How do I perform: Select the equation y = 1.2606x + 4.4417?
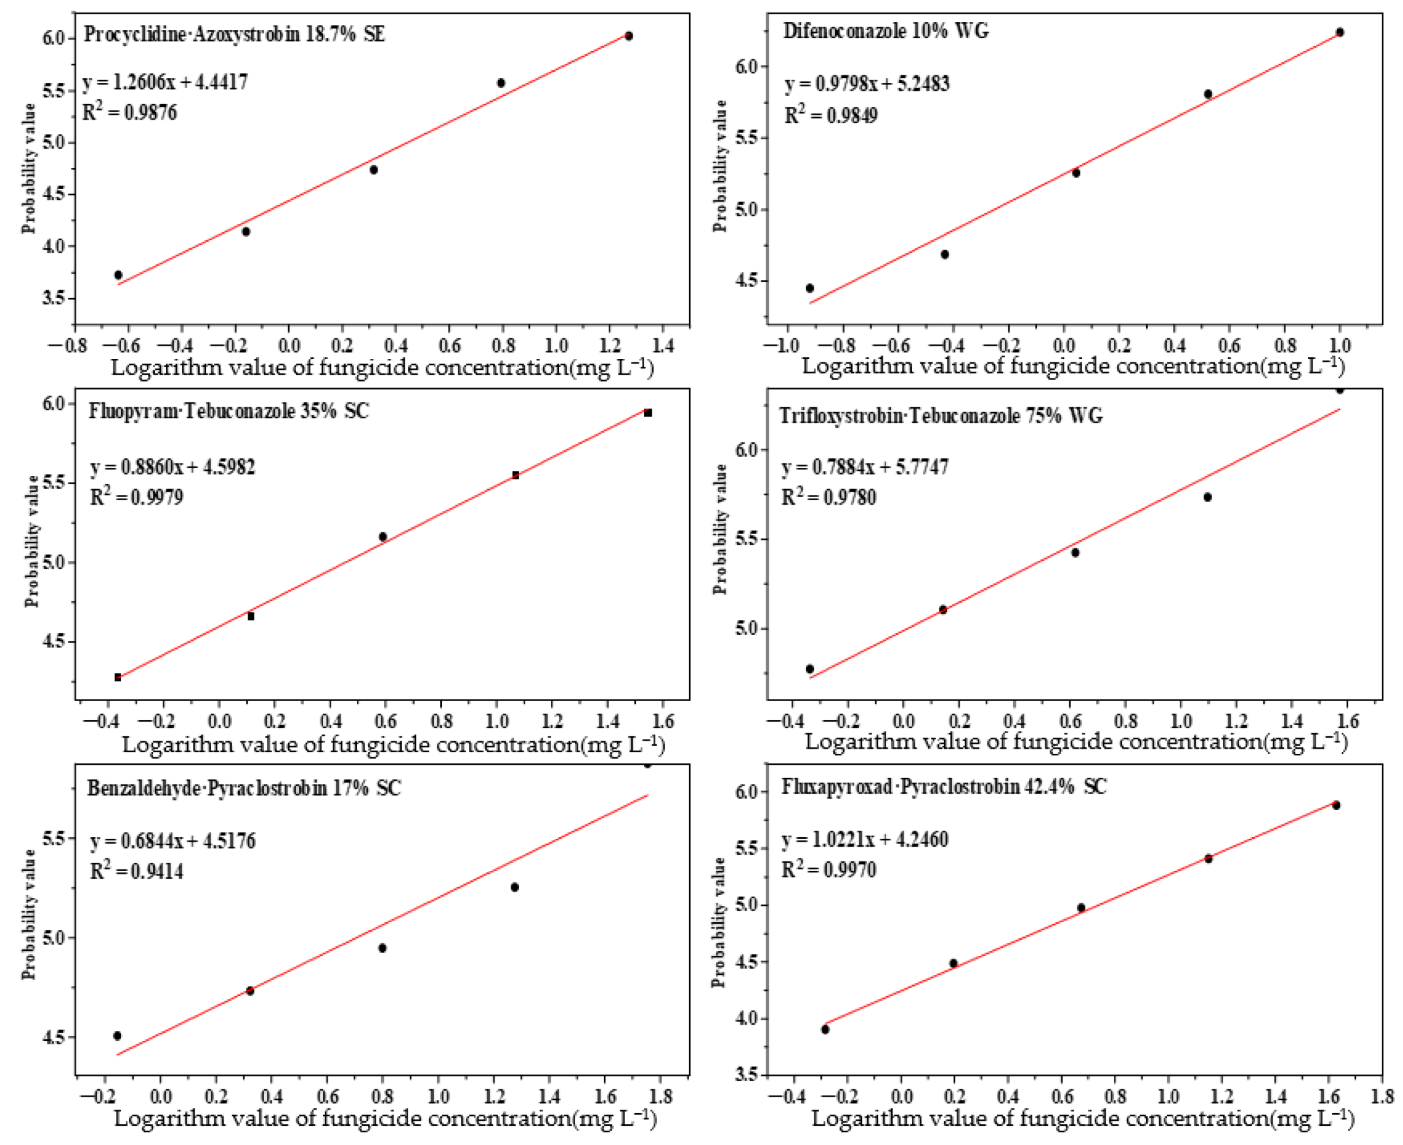(x=165, y=82)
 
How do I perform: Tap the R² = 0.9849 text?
(x=830, y=116)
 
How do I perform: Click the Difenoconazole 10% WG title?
(x=885, y=31)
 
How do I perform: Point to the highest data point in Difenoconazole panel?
(x=1339, y=32)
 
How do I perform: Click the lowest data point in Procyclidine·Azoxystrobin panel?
(x=118, y=275)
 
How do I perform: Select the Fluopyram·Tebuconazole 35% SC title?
(x=229, y=411)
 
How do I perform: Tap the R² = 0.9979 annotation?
(x=137, y=496)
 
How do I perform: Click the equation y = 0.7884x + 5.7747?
(x=865, y=467)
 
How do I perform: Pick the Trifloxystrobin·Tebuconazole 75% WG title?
(x=940, y=416)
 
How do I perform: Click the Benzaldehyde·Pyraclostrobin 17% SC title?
(x=243, y=788)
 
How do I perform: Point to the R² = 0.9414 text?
(x=137, y=871)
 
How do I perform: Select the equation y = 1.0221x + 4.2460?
(x=865, y=840)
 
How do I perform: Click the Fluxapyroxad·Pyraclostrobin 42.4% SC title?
(x=944, y=787)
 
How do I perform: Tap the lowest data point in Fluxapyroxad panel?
(x=825, y=1029)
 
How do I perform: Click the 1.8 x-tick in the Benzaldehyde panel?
(x=660, y=1096)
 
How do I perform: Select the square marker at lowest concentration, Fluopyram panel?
(x=118, y=677)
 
